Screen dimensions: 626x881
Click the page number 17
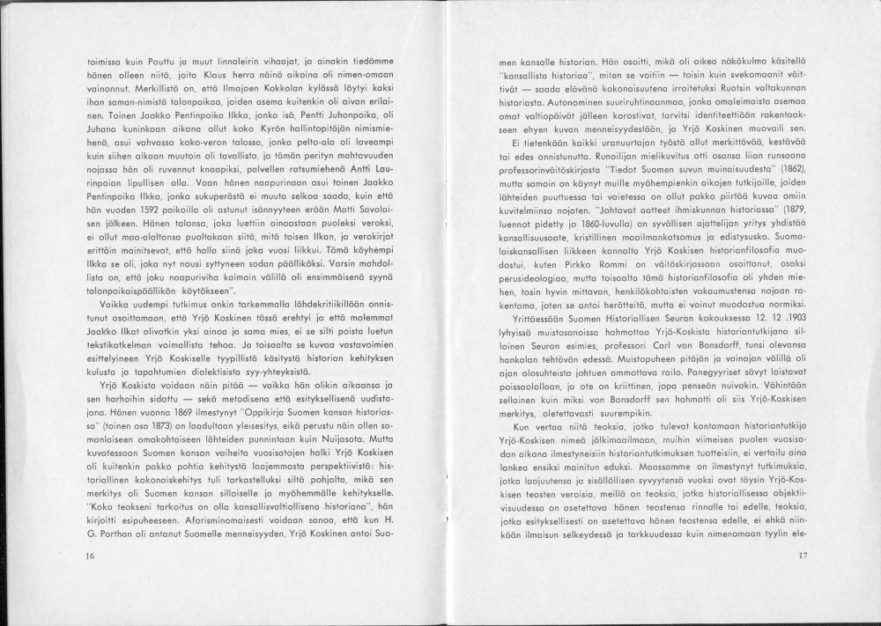802,556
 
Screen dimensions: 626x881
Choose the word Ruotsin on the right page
741,90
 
